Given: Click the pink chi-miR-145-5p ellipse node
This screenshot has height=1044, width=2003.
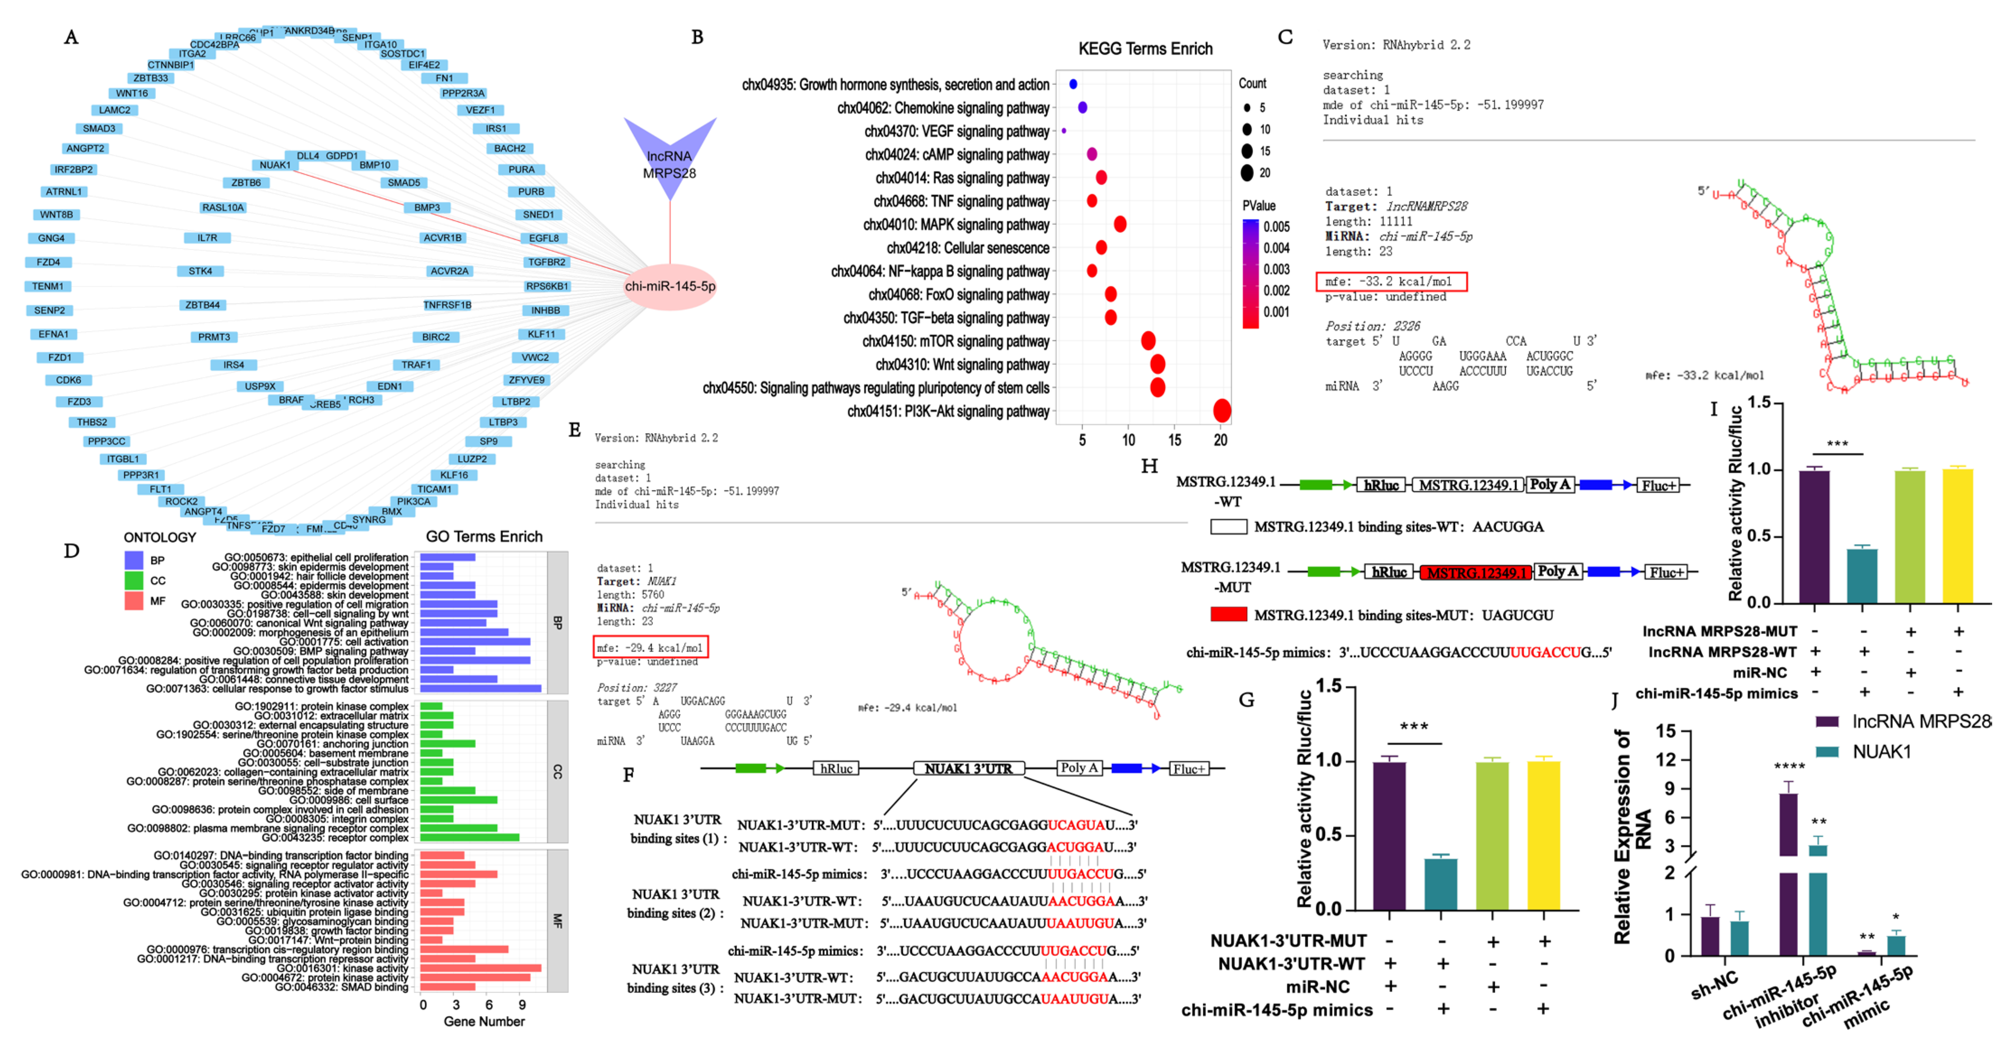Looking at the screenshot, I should [x=670, y=286].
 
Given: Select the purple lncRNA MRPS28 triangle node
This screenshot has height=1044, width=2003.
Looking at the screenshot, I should [x=670, y=155].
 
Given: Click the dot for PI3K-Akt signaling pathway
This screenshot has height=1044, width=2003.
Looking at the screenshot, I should [x=1222, y=410].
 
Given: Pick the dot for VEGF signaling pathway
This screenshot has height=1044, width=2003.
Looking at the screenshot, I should [x=1064, y=130].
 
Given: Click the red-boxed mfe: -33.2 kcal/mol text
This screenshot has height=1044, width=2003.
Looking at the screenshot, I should [x=1391, y=281].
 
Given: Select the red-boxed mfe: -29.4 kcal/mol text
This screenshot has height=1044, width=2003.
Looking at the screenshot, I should [x=650, y=648].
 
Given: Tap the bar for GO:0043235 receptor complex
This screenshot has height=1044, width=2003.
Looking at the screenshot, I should [x=469, y=837].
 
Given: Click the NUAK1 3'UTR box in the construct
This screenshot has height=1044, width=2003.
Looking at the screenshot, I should [x=968, y=768].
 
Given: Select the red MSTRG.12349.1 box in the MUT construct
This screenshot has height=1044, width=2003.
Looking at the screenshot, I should [x=1475, y=572].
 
